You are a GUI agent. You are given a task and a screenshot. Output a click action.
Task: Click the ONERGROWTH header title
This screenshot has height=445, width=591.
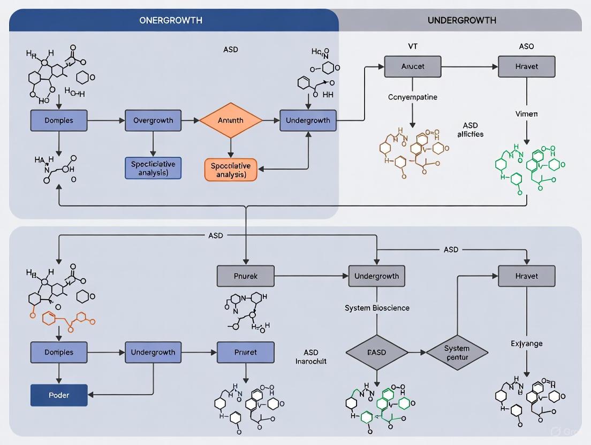(x=171, y=20)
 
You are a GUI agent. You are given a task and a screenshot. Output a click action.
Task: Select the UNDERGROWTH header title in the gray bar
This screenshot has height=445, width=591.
(x=461, y=20)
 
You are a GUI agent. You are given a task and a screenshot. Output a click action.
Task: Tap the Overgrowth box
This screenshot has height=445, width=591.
(x=153, y=120)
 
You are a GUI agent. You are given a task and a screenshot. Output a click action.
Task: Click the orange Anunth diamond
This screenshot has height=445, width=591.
(x=231, y=120)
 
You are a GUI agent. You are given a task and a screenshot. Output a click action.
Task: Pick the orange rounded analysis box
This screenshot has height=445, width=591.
(x=231, y=170)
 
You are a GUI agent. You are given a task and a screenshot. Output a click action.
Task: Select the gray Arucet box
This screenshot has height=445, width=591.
(x=412, y=67)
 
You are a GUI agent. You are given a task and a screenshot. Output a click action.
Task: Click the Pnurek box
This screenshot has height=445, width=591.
(x=245, y=277)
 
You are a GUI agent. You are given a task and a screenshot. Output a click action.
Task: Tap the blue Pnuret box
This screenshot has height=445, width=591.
(x=245, y=352)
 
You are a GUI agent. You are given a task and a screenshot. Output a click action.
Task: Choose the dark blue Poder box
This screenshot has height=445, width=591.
(x=59, y=395)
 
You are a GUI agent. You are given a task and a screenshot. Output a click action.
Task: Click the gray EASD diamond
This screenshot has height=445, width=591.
(x=376, y=352)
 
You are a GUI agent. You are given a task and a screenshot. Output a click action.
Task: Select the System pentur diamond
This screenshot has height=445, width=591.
(x=457, y=352)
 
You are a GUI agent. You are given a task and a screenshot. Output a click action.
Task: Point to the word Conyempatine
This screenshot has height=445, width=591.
(x=412, y=97)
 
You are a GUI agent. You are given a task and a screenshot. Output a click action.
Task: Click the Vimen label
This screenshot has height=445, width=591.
(x=526, y=114)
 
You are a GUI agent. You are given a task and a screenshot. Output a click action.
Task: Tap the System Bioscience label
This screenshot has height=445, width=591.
(x=377, y=308)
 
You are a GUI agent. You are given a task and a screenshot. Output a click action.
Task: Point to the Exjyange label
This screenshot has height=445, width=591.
(x=526, y=343)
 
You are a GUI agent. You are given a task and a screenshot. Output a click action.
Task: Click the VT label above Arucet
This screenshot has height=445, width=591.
(x=412, y=47)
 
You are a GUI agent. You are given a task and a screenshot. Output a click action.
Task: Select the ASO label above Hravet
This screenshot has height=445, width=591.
(x=526, y=47)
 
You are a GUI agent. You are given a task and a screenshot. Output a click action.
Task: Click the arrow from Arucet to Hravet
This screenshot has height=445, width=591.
(x=469, y=67)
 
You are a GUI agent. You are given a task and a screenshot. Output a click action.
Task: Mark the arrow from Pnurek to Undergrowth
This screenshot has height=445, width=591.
(x=310, y=277)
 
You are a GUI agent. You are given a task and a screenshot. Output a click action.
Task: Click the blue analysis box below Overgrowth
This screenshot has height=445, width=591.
(x=153, y=167)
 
